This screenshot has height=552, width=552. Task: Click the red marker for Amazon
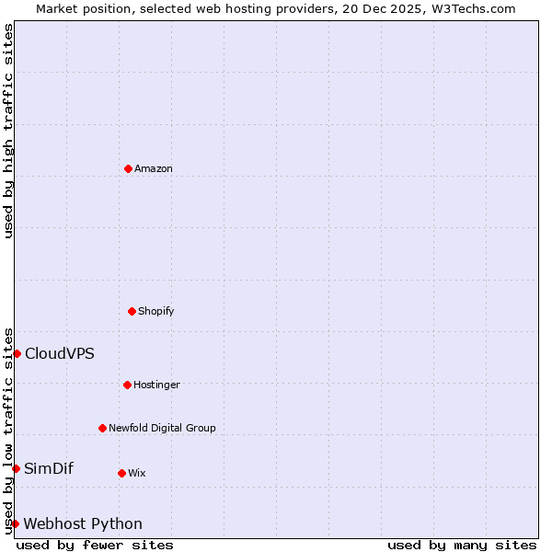[x=128, y=168]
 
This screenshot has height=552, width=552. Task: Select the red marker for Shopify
[x=132, y=311]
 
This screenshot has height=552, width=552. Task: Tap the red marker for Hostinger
[x=127, y=385]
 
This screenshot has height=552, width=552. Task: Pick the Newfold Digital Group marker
[x=102, y=428]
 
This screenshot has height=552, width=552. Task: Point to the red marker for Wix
[x=121, y=473]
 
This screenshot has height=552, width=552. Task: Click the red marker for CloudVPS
[x=17, y=353]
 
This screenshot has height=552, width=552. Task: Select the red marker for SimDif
[x=16, y=468]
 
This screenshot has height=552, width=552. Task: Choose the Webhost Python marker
[x=15, y=523]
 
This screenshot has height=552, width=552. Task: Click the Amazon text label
[x=154, y=168]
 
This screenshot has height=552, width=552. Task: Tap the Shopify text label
[x=156, y=311]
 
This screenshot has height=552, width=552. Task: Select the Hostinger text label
[x=156, y=385]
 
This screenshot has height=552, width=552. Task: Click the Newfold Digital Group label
[x=162, y=428]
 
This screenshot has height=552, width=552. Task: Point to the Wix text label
[x=136, y=473]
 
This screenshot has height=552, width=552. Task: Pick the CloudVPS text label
[x=59, y=353]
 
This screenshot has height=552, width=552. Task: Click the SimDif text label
[x=49, y=468]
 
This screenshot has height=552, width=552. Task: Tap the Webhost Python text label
[x=83, y=523]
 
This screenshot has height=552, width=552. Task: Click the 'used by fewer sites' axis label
[x=95, y=545]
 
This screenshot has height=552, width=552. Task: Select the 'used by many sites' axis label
[x=462, y=545]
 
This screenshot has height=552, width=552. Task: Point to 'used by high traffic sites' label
[x=9, y=131]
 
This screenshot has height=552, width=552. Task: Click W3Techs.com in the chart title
[x=473, y=8]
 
